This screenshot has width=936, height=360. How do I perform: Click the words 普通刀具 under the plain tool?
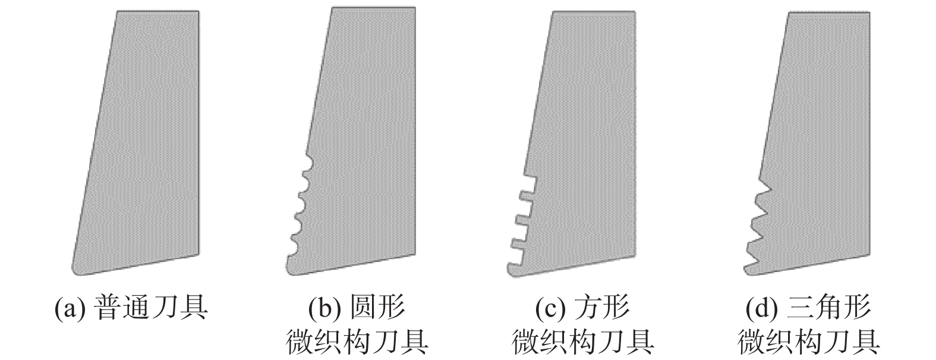[x=152, y=309]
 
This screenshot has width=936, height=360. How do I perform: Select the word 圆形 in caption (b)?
[x=377, y=309]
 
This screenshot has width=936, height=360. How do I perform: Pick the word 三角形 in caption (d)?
[x=829, y=309]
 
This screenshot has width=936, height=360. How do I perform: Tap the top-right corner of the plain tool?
[x=198, y=11]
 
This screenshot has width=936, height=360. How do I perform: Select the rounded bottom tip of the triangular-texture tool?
[x=749, y=271]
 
